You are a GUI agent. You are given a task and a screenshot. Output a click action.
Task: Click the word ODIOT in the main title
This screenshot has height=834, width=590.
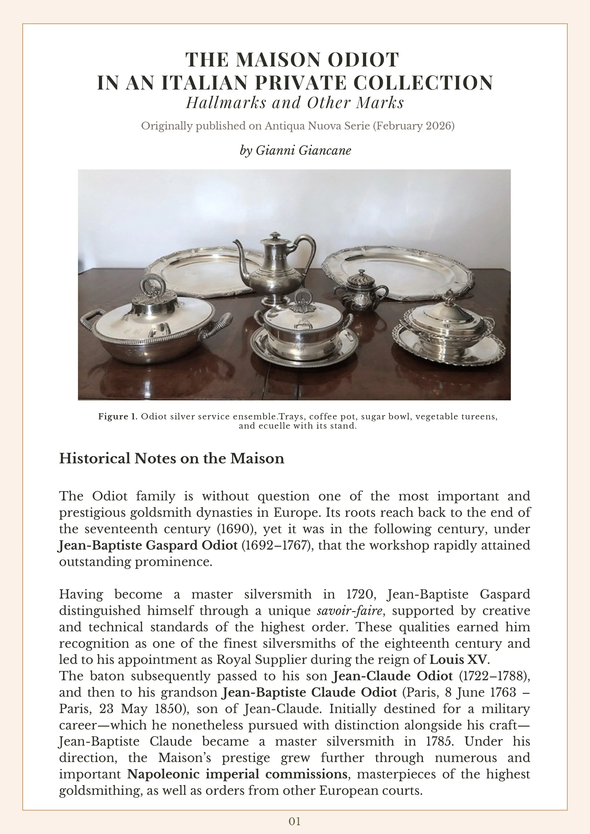coord(363,60)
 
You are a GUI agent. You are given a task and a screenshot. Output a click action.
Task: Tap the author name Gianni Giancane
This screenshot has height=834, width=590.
coord(303,150)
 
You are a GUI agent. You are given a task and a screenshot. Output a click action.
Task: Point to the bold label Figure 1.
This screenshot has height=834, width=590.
coord(118,417)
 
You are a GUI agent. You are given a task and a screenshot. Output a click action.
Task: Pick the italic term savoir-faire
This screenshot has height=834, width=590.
coord(349,611)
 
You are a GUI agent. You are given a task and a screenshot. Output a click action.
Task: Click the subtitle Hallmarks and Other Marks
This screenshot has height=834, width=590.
coord(295,103)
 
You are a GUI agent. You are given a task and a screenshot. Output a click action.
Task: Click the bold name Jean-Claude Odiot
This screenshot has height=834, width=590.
coord(393,676)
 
